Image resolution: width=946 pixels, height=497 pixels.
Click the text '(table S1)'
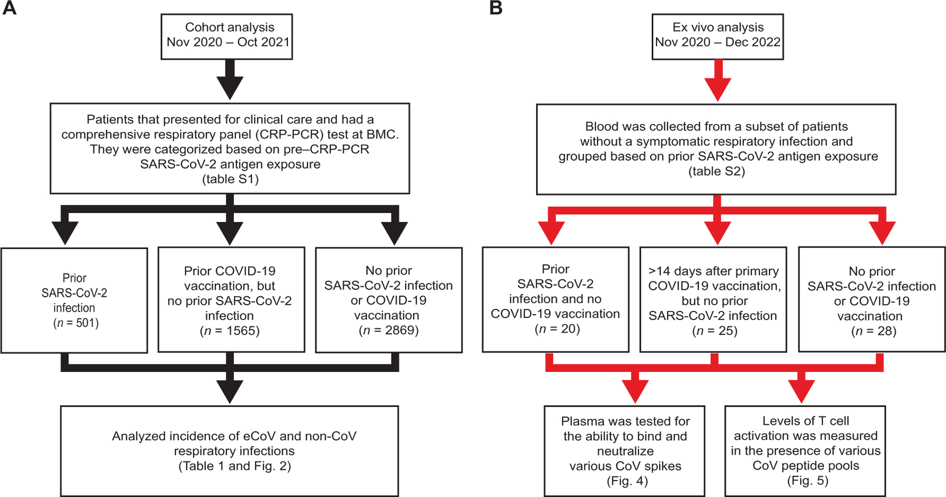(x=230, y=179)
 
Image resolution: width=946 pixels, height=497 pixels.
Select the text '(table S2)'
(x=717, y=171)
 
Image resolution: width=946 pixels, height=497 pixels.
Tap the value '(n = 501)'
(x=76, y=323)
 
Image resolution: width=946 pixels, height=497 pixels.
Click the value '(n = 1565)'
(x=230, y=330)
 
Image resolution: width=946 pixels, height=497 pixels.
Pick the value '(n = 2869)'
(x=388, y=330)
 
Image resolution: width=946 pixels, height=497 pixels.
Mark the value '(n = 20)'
(x=557, y=329)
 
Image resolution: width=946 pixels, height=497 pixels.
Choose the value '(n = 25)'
(x=715, y=330)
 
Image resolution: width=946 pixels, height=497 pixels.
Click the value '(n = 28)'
(x=873, y=331)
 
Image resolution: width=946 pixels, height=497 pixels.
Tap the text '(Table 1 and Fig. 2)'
(x=234, y=466)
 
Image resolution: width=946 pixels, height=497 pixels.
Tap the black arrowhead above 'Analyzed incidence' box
(x=230, y=392)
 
